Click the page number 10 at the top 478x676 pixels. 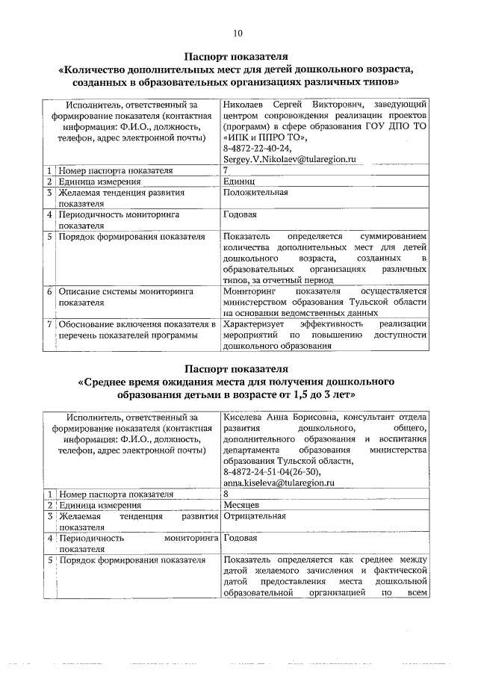click(x=238, y=33)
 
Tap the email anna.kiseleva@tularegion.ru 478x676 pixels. click(x=277, y=483)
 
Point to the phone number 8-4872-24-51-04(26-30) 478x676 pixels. click(x=272, y=472)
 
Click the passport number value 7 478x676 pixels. click(x=226, y=170)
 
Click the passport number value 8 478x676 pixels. click(x=226, y=494)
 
